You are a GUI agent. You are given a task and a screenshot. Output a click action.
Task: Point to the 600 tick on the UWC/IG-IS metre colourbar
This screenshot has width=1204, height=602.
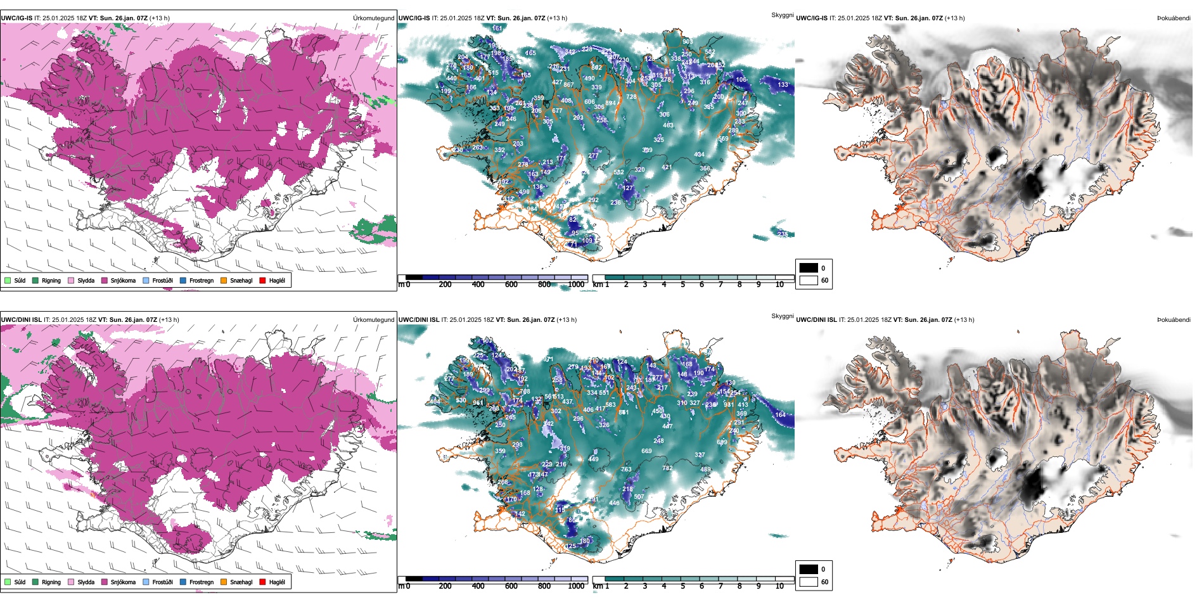(x=511, y=285)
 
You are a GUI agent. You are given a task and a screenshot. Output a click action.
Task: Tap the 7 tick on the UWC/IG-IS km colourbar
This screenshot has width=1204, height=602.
(x=720, y=285)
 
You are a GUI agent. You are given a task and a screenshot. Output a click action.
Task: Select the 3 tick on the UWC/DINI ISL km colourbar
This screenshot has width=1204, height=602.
(x=645, y=586)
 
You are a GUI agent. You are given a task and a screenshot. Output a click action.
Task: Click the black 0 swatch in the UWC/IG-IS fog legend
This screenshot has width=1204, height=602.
(x=809, y=268)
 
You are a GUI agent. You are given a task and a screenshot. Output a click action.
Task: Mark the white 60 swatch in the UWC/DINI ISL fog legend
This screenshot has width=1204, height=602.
(x=809, y=582)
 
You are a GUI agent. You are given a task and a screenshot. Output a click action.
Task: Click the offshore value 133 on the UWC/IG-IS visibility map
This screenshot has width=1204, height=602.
(x=783, y=84)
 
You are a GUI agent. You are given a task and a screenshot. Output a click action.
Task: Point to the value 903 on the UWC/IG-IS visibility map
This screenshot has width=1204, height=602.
(x=688, y=42)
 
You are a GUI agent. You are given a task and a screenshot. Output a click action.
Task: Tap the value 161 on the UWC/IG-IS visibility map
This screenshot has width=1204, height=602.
(x=497, y=29)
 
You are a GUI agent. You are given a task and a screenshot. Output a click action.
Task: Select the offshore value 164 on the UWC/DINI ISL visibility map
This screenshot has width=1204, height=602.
(x=780, y=415)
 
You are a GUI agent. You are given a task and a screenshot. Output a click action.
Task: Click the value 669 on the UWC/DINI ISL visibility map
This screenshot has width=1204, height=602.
(x=646, y=451)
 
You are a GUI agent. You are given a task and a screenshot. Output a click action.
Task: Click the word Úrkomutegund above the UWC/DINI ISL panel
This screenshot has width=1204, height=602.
(x=373, y=320)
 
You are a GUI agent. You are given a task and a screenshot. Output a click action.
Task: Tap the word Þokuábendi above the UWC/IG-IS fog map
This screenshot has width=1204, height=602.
(x=1174, y=18)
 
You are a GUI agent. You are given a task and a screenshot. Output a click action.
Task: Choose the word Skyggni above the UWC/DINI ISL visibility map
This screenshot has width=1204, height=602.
(x=782, y=316)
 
